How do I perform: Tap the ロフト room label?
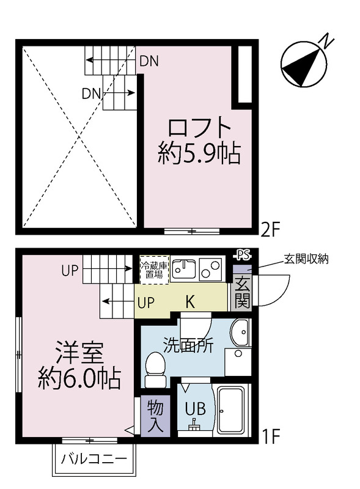(200, 128)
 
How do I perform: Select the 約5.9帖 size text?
(199, 153)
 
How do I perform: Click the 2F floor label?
(270, 229)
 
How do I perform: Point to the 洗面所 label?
(188, 345)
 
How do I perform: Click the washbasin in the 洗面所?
(240, 334)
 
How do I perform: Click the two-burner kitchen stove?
(211, 268)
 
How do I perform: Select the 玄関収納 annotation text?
(306, 259)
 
